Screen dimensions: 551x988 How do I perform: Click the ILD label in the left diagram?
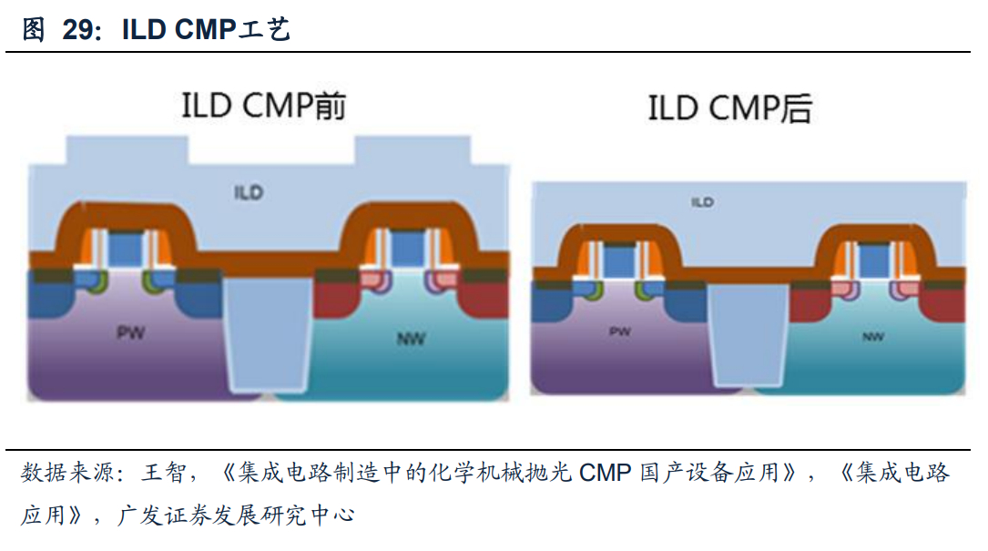[248, 192]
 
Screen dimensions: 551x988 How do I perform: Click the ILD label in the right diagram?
[702, 201]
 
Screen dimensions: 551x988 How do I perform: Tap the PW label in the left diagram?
[130, 333]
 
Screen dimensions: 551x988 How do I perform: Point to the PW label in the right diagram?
[619, 332]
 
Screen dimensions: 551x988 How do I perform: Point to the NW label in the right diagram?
[872, 337]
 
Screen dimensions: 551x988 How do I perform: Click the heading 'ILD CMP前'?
[263, 107]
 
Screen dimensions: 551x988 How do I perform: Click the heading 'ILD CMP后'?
[729, 110]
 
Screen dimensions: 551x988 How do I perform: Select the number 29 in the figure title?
[79, 29]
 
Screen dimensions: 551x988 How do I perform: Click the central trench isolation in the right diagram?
[748, 332]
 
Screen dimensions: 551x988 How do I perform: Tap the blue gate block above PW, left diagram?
[125, 248]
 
